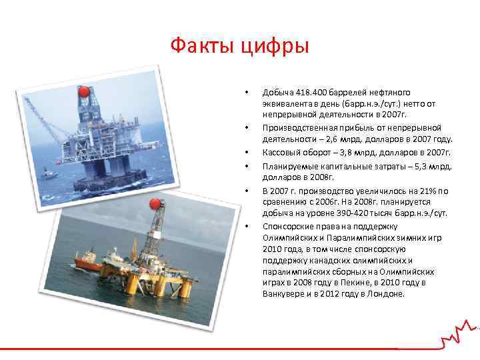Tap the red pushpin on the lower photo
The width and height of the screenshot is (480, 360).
tap(155, 204)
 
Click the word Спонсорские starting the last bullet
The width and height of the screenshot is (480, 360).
tap(285, 225)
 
